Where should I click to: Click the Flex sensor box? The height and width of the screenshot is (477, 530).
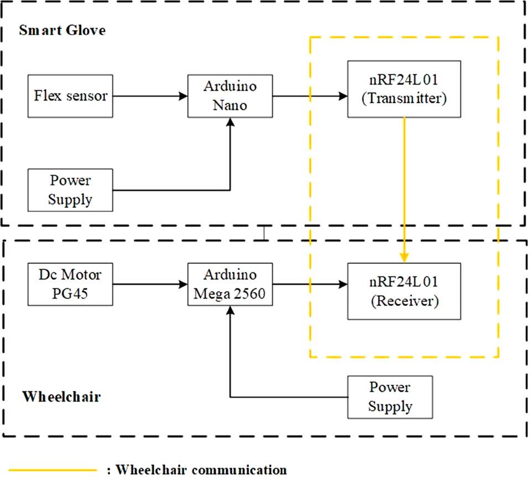70,96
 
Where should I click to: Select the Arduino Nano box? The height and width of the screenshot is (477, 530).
230,96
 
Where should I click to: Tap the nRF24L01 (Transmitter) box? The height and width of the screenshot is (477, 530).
404,89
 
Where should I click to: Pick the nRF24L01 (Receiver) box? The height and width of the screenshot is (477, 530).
404,291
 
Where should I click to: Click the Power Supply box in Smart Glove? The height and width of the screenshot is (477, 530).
70,190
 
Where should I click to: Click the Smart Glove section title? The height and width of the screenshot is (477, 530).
62,30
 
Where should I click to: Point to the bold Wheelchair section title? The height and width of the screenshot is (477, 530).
61,397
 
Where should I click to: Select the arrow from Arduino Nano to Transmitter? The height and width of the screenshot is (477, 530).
310,96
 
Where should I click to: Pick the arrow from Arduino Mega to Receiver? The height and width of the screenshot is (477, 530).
310,285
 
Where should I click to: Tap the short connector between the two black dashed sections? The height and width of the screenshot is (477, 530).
265,233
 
